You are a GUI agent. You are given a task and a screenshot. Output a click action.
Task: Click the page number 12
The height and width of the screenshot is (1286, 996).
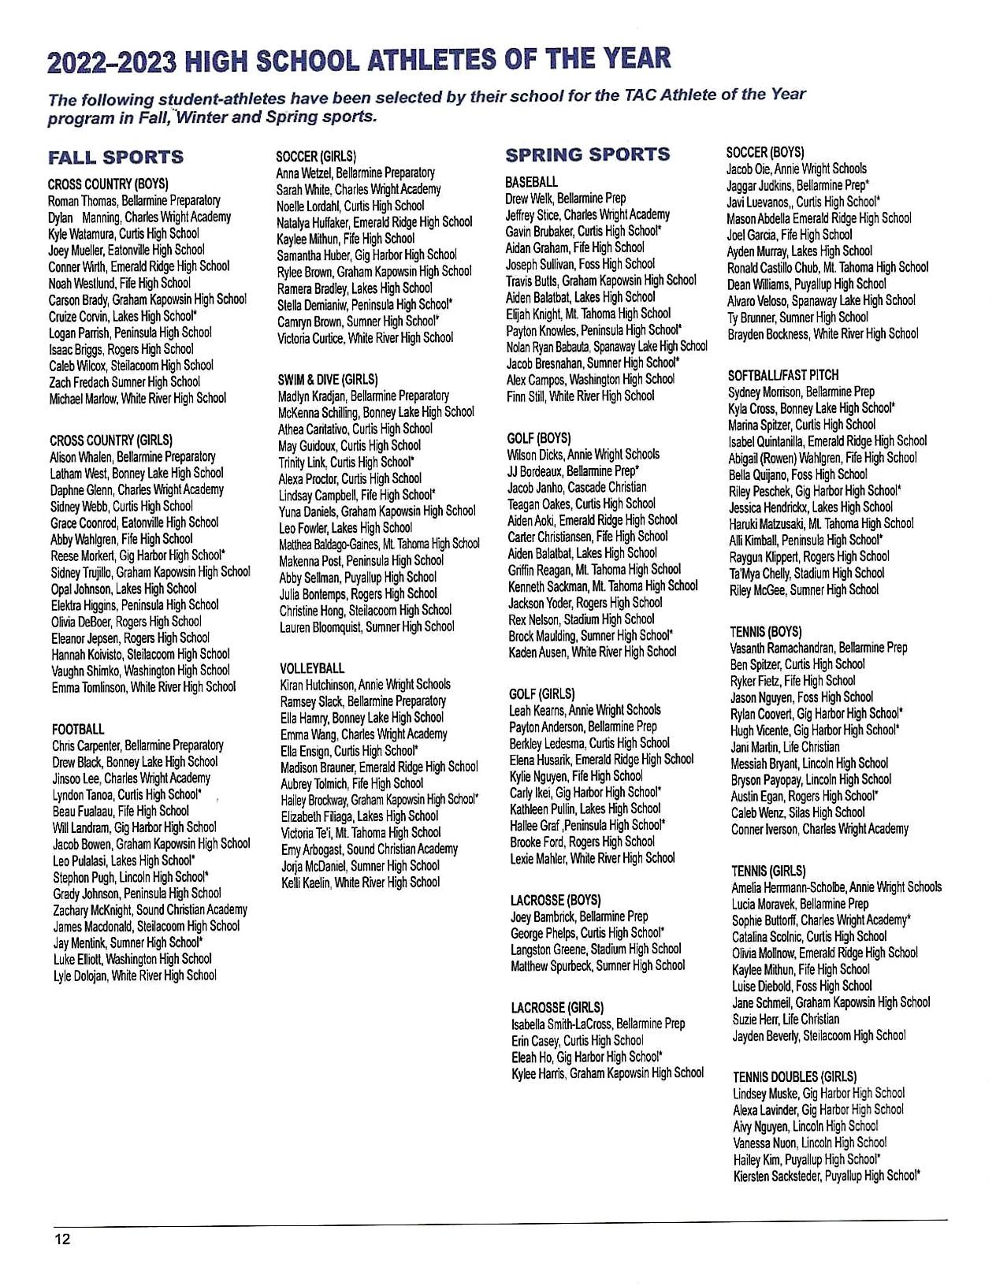[x=62, y=1239]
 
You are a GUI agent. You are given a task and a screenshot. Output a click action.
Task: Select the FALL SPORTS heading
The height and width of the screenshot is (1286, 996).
[x=116, y=158]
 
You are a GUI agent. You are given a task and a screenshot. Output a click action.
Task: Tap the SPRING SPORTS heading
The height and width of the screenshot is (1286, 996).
[x=588, y=154]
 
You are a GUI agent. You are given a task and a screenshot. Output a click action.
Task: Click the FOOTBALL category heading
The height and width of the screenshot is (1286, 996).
[x=78, y=730]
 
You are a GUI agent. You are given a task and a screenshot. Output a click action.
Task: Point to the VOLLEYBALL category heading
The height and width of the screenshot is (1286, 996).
[x=312, y=668]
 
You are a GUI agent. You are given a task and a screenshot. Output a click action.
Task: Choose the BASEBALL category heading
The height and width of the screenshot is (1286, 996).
[x=531, y=182]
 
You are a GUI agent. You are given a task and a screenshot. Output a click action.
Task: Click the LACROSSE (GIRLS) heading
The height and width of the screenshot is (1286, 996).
[x=557, y=1007]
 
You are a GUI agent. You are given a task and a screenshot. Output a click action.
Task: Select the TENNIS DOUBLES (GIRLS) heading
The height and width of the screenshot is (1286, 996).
[x=794, y=1076]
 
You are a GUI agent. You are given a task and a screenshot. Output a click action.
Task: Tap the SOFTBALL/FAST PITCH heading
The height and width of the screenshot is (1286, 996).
[x=783, y=375]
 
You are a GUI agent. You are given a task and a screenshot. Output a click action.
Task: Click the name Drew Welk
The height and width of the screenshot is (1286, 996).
[x=529, y=199]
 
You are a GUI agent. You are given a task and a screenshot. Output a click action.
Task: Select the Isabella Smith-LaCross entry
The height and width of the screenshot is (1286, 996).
[x=562, y=1024]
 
